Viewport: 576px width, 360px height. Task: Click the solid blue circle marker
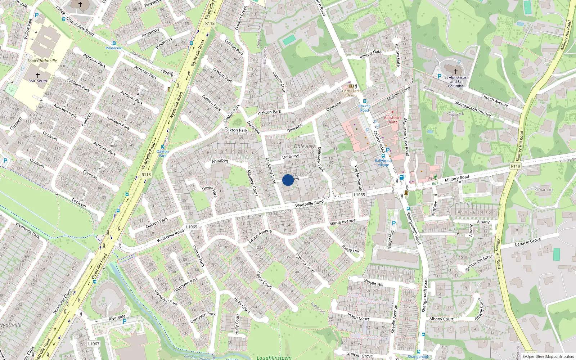pos(288,180)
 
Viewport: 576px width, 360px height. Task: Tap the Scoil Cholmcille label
pos(42,61)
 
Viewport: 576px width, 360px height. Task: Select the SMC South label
pos(38,81)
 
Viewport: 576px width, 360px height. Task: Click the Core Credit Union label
pos(351,93)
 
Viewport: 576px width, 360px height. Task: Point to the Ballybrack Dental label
pos(393,120)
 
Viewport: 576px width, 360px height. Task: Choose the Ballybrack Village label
pos(383,163)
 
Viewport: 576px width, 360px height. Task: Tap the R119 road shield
pos(516,166)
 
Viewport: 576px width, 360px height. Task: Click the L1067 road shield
pos(94,344)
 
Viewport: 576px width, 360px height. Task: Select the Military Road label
pos(457,178)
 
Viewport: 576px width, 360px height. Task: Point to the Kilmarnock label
pos(544,190)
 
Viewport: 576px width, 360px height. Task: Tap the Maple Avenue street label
pos(342,222)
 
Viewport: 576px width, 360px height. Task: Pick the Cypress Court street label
pos(305,264)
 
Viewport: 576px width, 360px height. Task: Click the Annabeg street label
pos(220,161)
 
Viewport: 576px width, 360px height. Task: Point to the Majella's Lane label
pos(399,94)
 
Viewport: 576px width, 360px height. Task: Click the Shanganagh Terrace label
pos(473,108)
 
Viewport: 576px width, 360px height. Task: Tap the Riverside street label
pos(117,318)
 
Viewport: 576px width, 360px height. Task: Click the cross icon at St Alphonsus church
pos(456,71)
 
